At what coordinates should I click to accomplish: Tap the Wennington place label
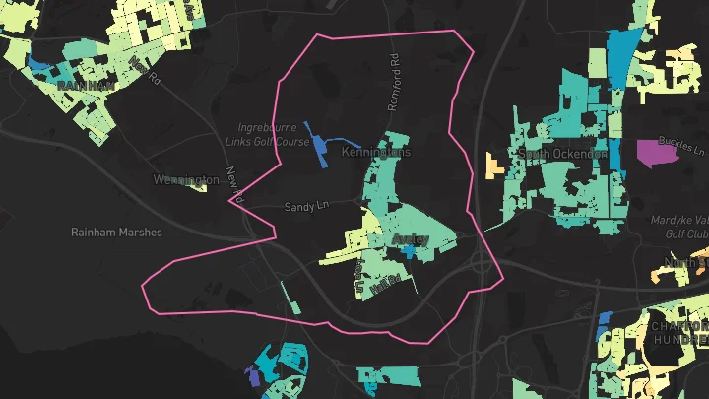[x=186, y=180]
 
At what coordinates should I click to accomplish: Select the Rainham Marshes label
[x=116, y=233]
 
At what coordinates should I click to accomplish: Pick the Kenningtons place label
[x=375, y=154]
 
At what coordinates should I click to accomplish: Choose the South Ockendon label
[x=562, y=155]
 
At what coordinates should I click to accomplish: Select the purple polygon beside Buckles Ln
[x=651, y=151]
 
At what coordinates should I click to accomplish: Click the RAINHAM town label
[x=86, y=86]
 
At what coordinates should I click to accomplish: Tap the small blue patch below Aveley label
[x=408, y=252]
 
